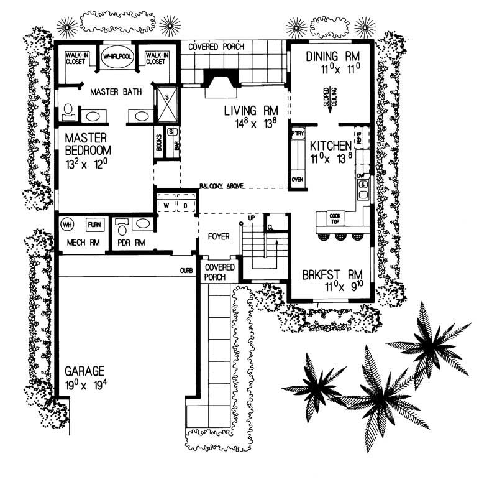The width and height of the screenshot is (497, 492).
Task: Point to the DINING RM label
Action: click(332, 57)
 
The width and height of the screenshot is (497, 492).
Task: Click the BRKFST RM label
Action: click(332, 274)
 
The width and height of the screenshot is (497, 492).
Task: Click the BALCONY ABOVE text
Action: click(222, 186)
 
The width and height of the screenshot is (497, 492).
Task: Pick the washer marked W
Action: click(166, 205)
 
